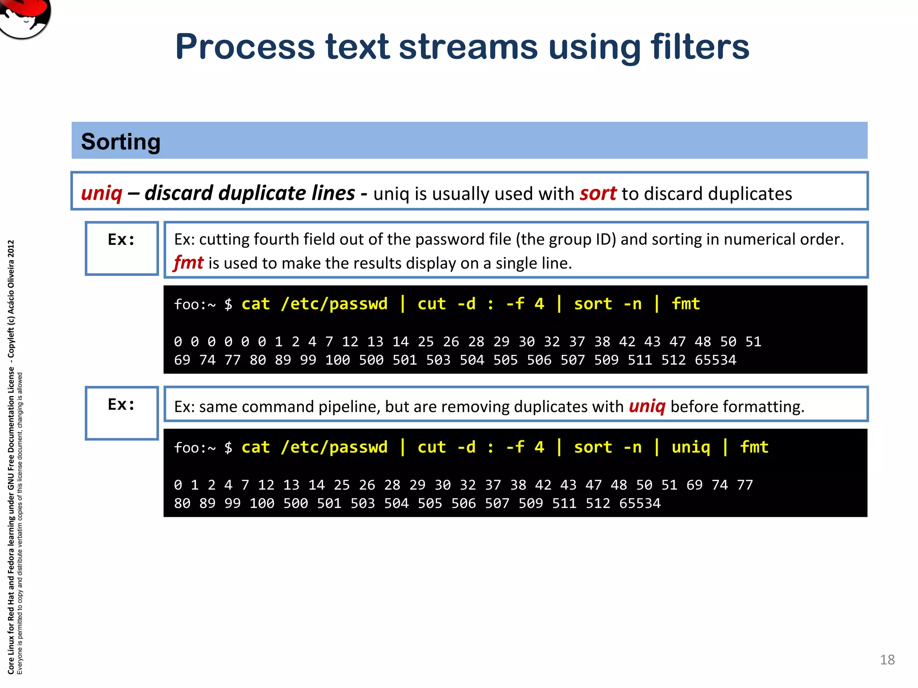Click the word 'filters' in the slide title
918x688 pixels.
[700, 47]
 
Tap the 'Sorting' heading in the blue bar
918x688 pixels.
[121, 142]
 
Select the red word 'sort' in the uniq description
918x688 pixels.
[598, 193]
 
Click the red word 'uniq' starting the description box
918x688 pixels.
[102, 193]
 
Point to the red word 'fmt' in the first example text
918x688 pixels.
[189, 262]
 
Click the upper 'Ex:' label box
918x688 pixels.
[121, 248]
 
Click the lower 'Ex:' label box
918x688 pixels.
[121, 413]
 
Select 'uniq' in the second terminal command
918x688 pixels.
[691, 447]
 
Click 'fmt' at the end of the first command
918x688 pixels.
[685, 304]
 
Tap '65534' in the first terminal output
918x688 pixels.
[715, 360]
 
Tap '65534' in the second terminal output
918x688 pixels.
[640, 503]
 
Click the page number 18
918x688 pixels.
[887, 660]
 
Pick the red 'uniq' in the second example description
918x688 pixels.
[647, 406]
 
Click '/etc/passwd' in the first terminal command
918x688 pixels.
[334, 304]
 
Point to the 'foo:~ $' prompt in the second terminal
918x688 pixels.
[203, 447]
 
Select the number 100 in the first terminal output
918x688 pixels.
[338, 360]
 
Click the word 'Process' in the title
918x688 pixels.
[245, 47]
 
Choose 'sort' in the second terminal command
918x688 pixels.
[593, 447]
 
